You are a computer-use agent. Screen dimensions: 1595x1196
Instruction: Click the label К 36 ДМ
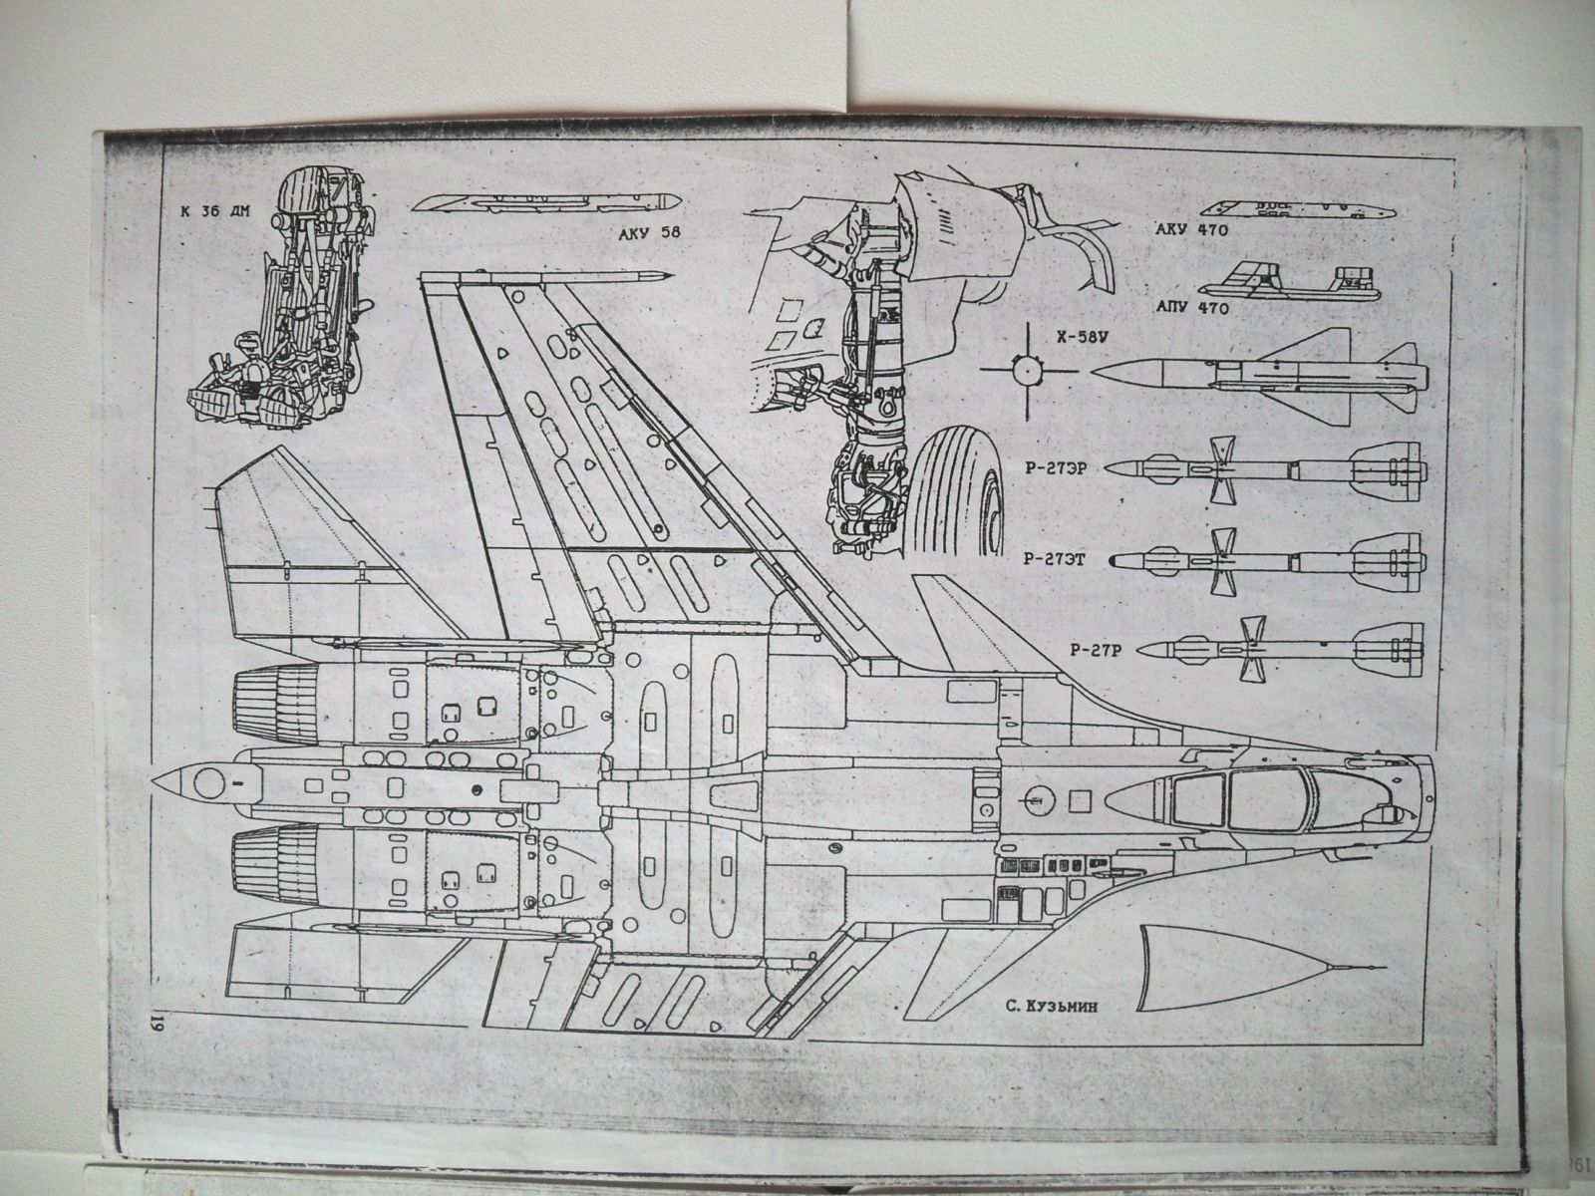(x=213, y=212)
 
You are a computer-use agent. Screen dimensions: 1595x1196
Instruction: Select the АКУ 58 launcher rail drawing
(x=544, y=202)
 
